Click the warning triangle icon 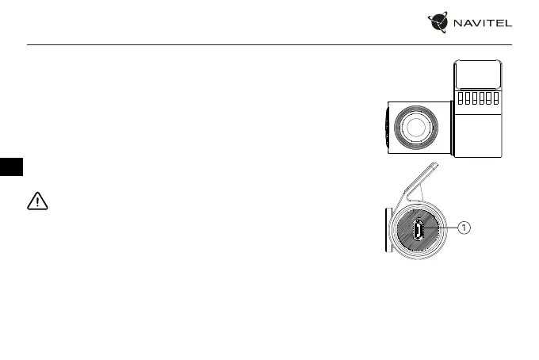click(37, 201)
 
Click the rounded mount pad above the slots click(478, 75)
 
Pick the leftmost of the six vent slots click(459, 98)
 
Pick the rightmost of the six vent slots click(495, 98)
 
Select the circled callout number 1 click(464, 228)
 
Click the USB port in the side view click(417, 231)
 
